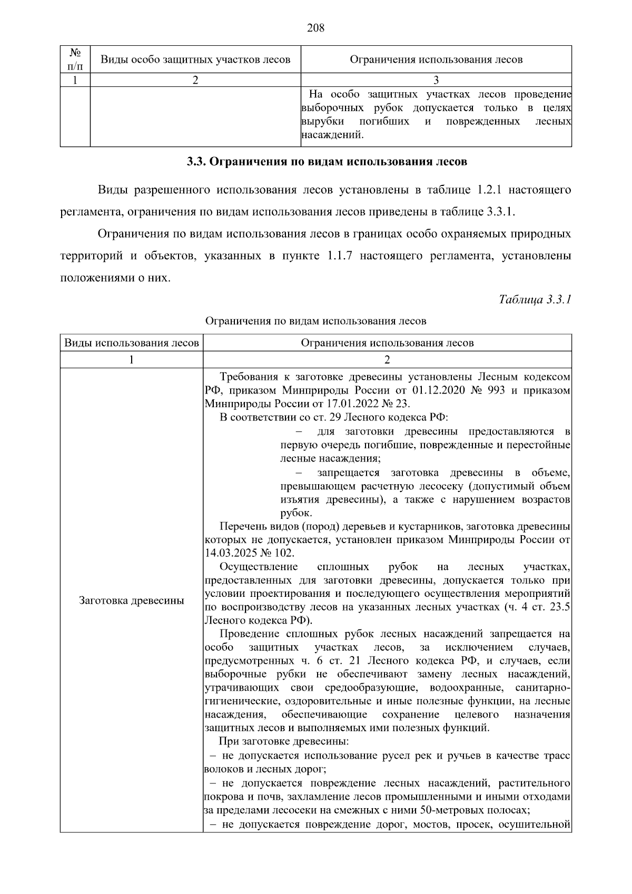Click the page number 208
tap(315, 28)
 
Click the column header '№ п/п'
tap(75, 59)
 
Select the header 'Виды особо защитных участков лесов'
tap(195, 60)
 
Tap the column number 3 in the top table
tap(436, 80)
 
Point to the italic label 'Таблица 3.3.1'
tap(535, 300)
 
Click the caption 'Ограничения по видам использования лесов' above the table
tap(315, 321)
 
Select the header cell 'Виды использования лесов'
tap(132, 343)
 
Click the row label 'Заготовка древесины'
tap(132, 601)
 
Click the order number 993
tap(495, 390)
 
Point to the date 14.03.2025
tap(229, 553)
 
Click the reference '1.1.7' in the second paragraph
tap(340, 256)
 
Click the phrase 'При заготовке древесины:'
tap(284, 742)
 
